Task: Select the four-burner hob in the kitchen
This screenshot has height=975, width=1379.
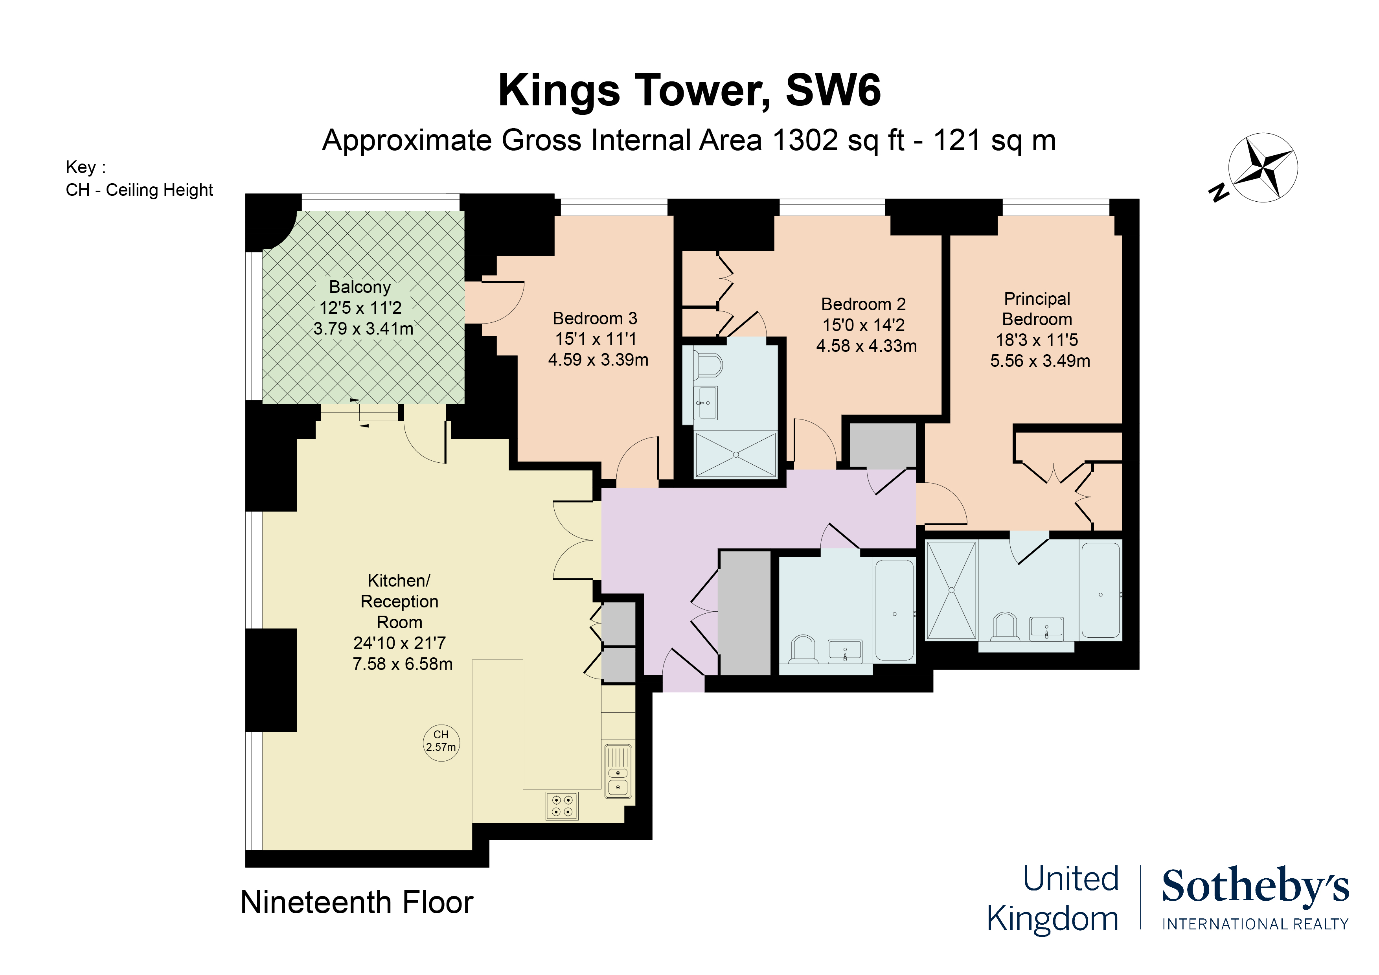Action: (562, 806)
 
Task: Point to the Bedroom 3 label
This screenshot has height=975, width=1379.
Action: (595, 318)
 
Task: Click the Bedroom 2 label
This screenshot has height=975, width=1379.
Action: (863, 304)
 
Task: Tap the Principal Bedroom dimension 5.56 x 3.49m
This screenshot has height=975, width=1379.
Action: (1040, 361)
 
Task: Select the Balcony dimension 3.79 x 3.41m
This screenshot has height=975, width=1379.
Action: (363, 329)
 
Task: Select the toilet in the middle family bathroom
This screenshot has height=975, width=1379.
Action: (803, 649)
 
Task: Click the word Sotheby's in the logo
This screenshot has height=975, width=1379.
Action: (1255, 886)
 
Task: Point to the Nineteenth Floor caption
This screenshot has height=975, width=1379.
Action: (357, 902)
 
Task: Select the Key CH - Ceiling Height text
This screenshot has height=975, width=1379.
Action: (139, 190)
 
